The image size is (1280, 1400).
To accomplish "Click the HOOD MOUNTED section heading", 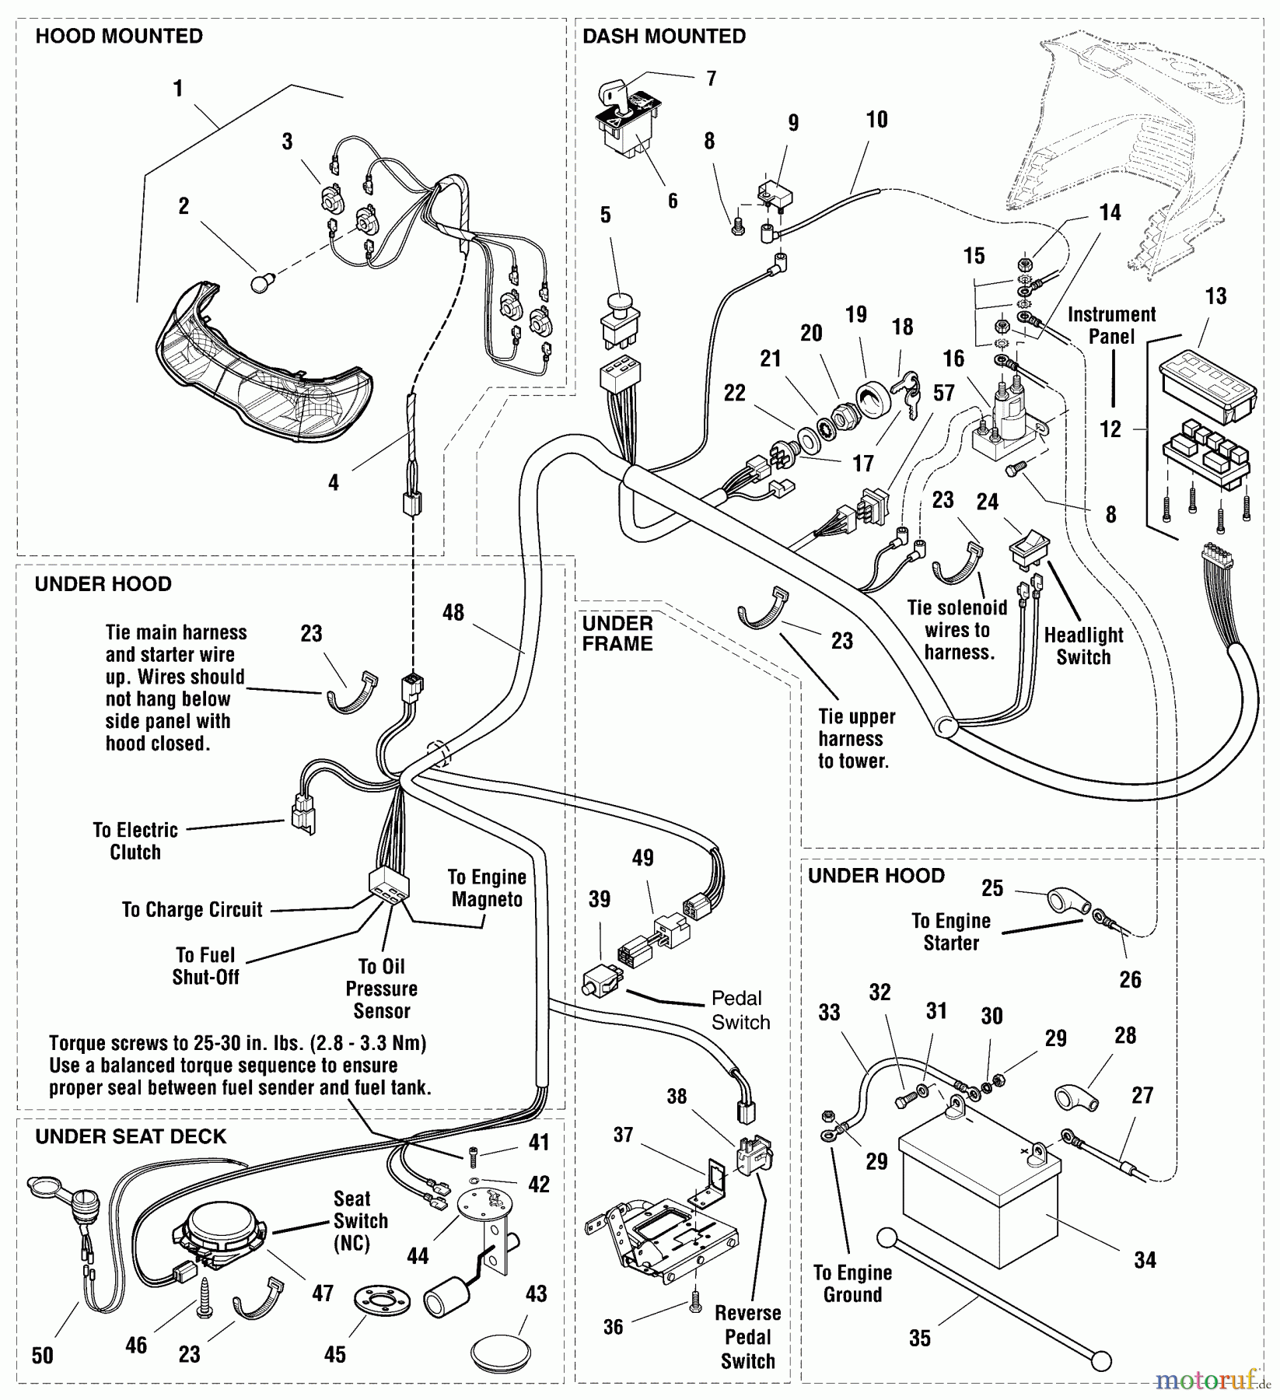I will tap(119, 37).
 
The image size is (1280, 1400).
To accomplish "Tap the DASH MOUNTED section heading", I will tap(663, 37).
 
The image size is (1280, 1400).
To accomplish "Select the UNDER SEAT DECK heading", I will tap(131, 1136).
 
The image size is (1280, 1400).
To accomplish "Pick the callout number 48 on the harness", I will tap(453, 612).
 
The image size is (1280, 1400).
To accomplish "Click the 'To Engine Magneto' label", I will tap(487, 888).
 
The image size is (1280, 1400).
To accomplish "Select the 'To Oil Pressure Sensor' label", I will tap(381, 989).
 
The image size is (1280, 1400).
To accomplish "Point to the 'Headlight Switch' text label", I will tap(1083, 646).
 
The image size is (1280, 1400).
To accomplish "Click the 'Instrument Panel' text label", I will tap(1111, 325).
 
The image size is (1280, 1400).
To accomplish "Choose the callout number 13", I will tap(1215, 296).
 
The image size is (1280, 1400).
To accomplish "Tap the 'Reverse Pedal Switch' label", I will tap(748, 1337).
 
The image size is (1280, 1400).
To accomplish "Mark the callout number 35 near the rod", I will tap(920, 1339).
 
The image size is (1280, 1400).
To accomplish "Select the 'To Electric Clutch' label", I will tap(135, 841).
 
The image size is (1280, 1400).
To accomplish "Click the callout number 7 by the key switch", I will tap(711, 79).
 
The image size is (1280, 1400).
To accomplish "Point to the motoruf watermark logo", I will tap(1212, 1381).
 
